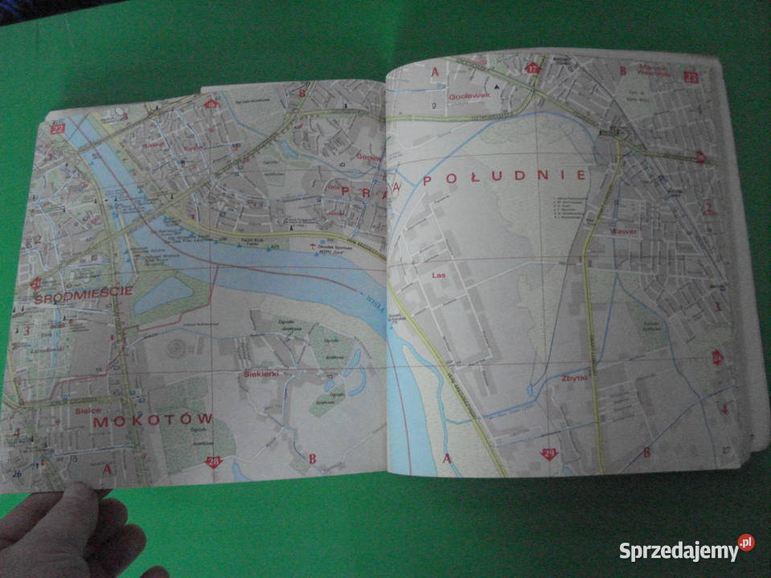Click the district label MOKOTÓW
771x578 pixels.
click(x=153, y=419)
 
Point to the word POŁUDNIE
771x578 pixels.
click(x=505, y=177)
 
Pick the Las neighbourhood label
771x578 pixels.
click(x=438, y=275)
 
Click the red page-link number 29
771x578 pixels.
click(x=549, y=454)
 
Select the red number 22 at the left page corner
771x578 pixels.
click(x=57, y=128)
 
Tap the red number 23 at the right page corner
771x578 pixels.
click(x=690, y=77)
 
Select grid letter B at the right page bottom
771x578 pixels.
click(x=646, y=452)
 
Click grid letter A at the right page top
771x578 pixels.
click(x=436, y=72)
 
